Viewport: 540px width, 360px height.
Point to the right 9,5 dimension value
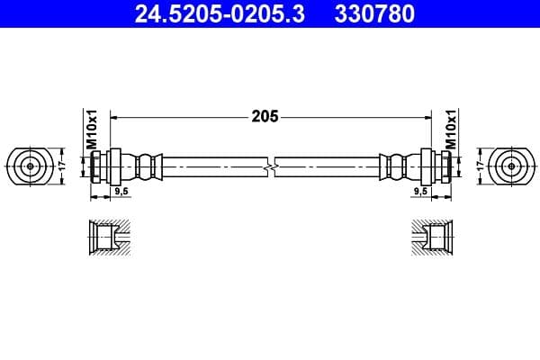pyautogui.click(x=419, y=191)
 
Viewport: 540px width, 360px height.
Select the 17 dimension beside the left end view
pyautogui.click(x=62, y=166)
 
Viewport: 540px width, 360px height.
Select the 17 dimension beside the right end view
pyautogui.click(x=481, y=166)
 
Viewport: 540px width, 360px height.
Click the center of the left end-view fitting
pyautogui.click(x=30, y=166)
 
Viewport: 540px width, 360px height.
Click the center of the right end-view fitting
pyautogui.click(x=511, y=166)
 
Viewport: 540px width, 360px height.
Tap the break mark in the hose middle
pyautogui.click(x=270, y=166)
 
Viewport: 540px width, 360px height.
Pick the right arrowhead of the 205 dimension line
pyautogui.click(x=425, y=117)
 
